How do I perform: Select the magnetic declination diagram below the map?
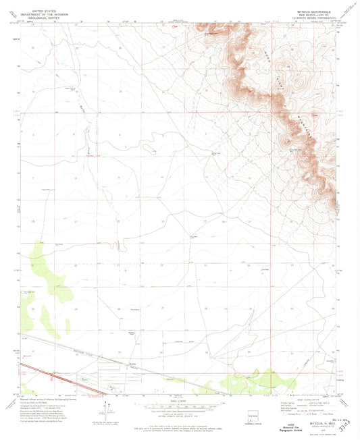[107, 410]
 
